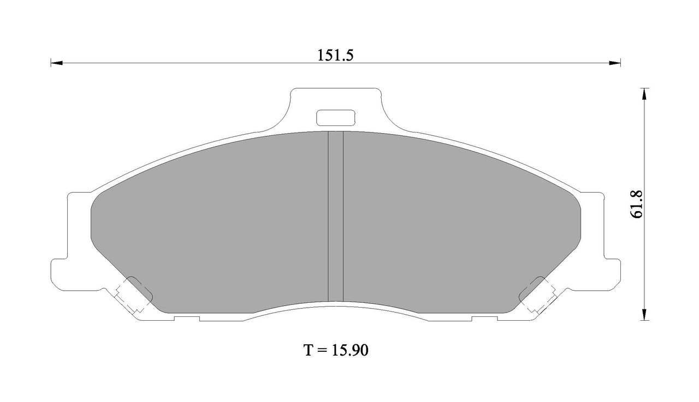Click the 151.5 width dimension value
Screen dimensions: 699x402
tap(335, 56)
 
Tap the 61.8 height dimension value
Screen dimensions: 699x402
tap(637, 204)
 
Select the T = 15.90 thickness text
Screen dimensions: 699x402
tap(336, 350)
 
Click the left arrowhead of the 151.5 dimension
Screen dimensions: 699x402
tap(56, 63)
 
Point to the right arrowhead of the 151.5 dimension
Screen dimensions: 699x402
tap(615, 63)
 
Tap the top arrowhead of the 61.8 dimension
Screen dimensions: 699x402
tap(645, 94)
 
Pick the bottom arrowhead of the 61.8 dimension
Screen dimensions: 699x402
tap(645, 315)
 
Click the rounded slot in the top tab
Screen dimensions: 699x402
tap(336, 118)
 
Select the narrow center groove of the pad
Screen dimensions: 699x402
tap(336, 216)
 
